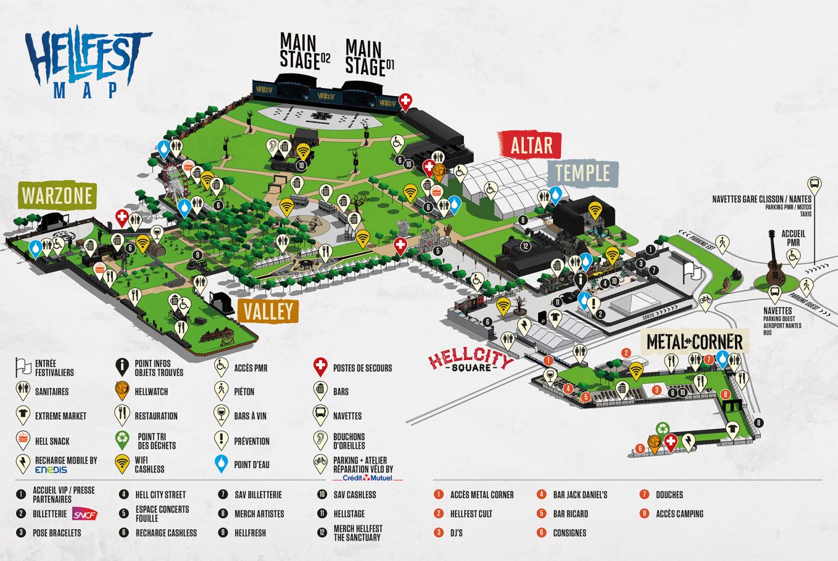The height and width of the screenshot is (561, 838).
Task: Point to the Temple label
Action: [x=582, y=173]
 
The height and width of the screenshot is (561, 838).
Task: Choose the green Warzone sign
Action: [x=57, y=196]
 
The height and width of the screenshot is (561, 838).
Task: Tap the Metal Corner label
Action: [x=694, y=342]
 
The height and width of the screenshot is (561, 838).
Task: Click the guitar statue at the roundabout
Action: [x=776, y=263]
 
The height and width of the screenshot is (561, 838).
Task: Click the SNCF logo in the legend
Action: [x=83, y=514]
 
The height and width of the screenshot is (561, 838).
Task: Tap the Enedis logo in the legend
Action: [x=51, y=470]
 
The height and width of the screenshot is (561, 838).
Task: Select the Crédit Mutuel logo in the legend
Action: [x=368, y=478]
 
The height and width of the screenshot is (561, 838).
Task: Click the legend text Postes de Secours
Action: [x=362, y=368]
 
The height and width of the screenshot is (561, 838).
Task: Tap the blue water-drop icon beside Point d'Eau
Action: [x=221, y=464]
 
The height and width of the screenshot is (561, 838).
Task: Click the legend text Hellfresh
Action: [x=250, y=533]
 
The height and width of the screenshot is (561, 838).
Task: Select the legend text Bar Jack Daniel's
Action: [x=580, y=495]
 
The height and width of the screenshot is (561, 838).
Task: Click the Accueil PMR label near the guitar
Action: [x=793, y=238]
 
